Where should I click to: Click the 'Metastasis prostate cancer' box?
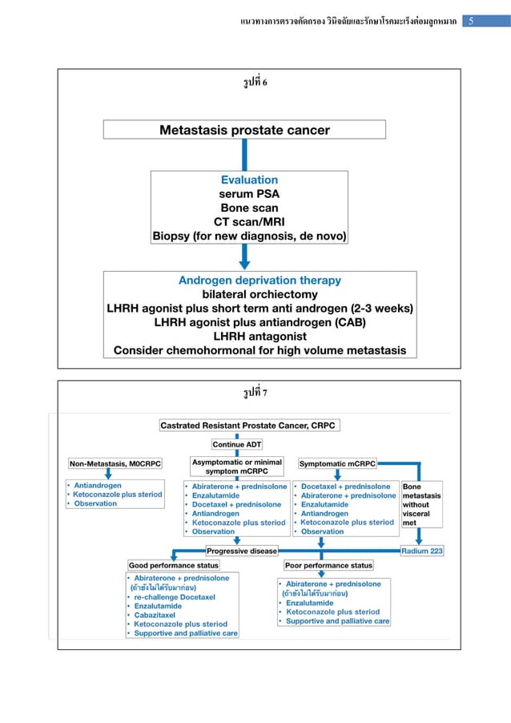[x=244, y=130]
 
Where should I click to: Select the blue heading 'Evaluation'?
[x=249, y=180]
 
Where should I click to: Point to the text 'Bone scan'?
[x=249, y=208]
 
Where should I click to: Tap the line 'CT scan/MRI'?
[x=249, y=222]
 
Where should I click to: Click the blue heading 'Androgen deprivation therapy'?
[x=260, y=281]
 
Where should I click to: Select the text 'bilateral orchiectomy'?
[x=260, y=295]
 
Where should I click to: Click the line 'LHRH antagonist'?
[x=260, y=336]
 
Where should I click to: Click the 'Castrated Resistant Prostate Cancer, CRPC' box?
[x=248, y=426]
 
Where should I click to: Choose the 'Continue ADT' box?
[x=237, y=444]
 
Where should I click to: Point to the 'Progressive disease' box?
[x=242, y=551]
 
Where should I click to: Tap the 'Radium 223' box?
[x=422, y=551]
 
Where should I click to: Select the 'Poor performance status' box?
[x=329, y=565]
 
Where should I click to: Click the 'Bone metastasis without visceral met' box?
[x=421, y=504]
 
